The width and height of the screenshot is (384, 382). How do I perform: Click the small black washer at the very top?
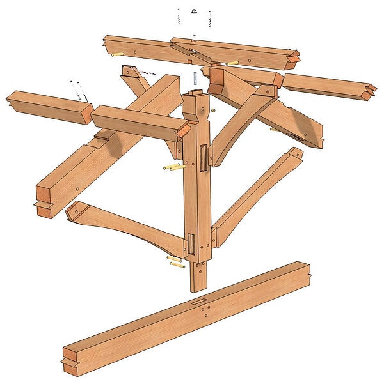(193, 11)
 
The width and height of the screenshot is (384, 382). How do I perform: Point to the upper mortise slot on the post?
(202, 157)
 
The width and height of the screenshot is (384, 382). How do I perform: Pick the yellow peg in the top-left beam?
(116, 54)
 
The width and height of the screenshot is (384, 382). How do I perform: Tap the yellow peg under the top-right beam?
(231, 63)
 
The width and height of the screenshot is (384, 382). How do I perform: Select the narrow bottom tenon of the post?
(198, 275)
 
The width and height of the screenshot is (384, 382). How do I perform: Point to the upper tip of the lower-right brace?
(294, 153)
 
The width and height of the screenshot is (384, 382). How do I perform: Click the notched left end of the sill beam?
(68, 358)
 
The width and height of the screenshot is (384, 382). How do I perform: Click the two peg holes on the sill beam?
(205, 310)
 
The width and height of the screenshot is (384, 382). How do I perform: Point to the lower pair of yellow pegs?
(175, 262)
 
